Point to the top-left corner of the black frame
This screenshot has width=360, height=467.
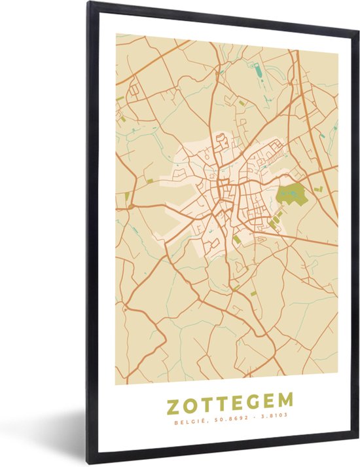coord(90,5)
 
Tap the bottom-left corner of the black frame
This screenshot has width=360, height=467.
coord(90,461)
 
